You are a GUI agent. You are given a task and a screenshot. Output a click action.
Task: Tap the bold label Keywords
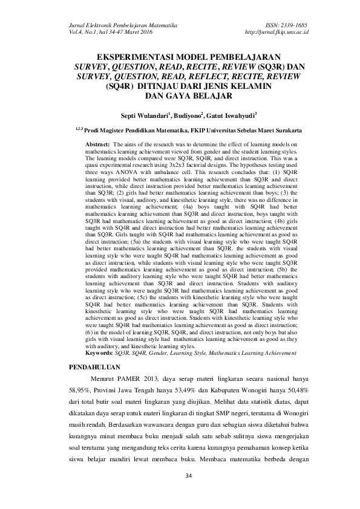pyautogui.click(x=98, y=352)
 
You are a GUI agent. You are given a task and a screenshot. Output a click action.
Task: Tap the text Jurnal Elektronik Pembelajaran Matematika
pyautogui.click(x=114, y=21)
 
